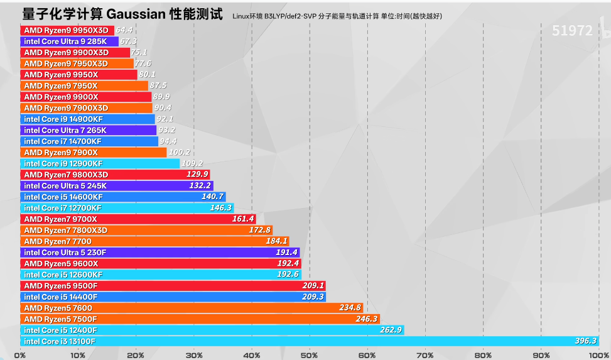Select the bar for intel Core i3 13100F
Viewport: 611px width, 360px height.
tap(308, 341)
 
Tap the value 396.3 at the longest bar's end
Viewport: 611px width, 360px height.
tap(585, 341)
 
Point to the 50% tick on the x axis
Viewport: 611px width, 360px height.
tap(309, 355)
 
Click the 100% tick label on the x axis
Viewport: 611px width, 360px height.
tap(598, 355)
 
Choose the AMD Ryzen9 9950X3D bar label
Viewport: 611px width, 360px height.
tap(66, 30)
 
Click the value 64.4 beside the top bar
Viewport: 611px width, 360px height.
tap(124, 30)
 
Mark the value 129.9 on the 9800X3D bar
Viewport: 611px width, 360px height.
tap(197, 175)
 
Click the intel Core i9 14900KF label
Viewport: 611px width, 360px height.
tap(63, 119)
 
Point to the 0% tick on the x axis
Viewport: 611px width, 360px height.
tap(20, 355)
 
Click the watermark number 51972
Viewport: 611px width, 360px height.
tap(572, 31)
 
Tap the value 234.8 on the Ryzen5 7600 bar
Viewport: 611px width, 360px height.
tap(350, 308)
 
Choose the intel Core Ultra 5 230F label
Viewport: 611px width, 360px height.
tap(65, 253)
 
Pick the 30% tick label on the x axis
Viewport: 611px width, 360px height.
tap(193, 355)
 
